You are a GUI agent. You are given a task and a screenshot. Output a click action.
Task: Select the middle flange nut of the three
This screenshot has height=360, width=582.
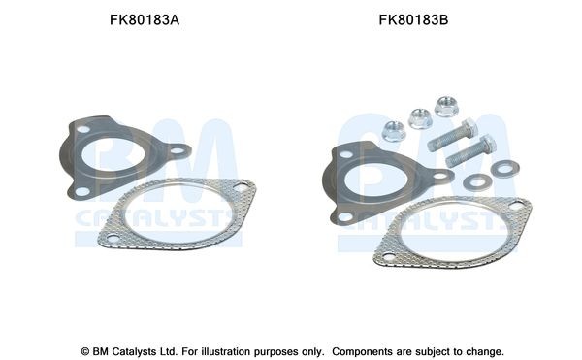click(421, 118)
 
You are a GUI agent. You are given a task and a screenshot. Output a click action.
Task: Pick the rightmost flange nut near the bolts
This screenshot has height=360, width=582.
click(446, 105)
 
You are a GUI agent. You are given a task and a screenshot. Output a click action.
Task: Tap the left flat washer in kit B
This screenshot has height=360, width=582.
click(475, 181)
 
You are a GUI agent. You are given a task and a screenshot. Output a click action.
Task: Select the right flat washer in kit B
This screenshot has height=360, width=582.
click(502, 169)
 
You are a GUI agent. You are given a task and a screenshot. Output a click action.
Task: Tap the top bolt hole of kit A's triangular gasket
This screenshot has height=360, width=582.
click(84, 127)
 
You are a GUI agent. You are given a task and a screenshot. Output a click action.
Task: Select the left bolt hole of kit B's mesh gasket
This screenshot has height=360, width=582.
click(389, 258)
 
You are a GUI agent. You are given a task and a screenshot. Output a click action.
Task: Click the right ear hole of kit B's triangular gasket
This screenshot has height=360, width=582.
click(440, 177)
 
